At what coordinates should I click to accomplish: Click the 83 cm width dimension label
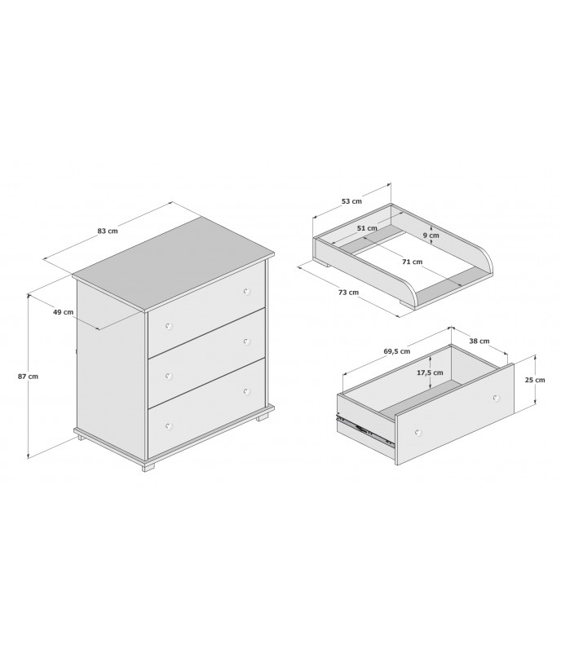coord(108,231)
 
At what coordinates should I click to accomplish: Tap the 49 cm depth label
coord(64,312)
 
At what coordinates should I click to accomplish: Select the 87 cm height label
coord(28,377)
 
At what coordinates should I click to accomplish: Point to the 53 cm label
coord(351,201)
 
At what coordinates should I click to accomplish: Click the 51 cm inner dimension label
coord(367,228)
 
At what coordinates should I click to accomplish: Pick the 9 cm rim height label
coord(431,236)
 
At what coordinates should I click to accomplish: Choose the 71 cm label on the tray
coord(412,262)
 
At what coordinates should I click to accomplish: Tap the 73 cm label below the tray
coord(348,293)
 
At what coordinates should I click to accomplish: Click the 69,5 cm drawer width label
coord(396,351)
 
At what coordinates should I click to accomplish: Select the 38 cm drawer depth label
coord(479,341)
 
